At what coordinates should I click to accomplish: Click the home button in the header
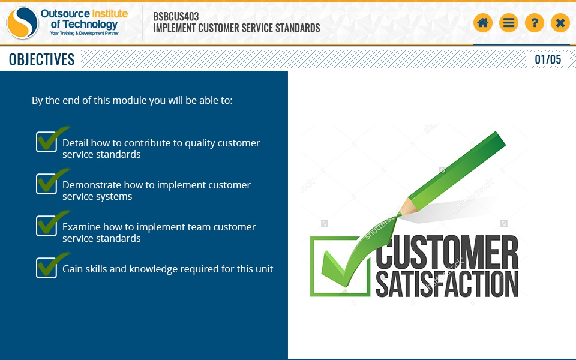click(482, 23)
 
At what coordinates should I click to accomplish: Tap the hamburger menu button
click(508, 23)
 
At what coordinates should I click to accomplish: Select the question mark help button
click(535, 23)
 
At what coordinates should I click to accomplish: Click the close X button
click(560, 23)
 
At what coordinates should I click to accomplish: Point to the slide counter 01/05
click(548, 59)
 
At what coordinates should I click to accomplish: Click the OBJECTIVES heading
click(41, 59)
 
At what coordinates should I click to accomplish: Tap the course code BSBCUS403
click(176, 17)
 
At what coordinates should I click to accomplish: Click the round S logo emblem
click(22, 23)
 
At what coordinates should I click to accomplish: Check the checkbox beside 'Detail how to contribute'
click(46, 142)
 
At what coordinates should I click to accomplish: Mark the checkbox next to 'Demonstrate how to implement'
click(46, 184)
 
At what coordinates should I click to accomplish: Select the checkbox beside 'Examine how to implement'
click(46, 226)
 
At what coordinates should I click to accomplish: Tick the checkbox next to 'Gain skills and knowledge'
click(46, 268)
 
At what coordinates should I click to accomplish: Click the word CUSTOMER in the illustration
click(446, 252)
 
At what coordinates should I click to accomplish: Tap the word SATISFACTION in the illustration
click(446, 284)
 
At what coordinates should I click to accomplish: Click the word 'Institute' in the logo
click(110, 14)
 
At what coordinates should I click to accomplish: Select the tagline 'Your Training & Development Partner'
click(85, 33)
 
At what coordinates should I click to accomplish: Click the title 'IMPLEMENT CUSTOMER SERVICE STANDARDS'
click(236, 28)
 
